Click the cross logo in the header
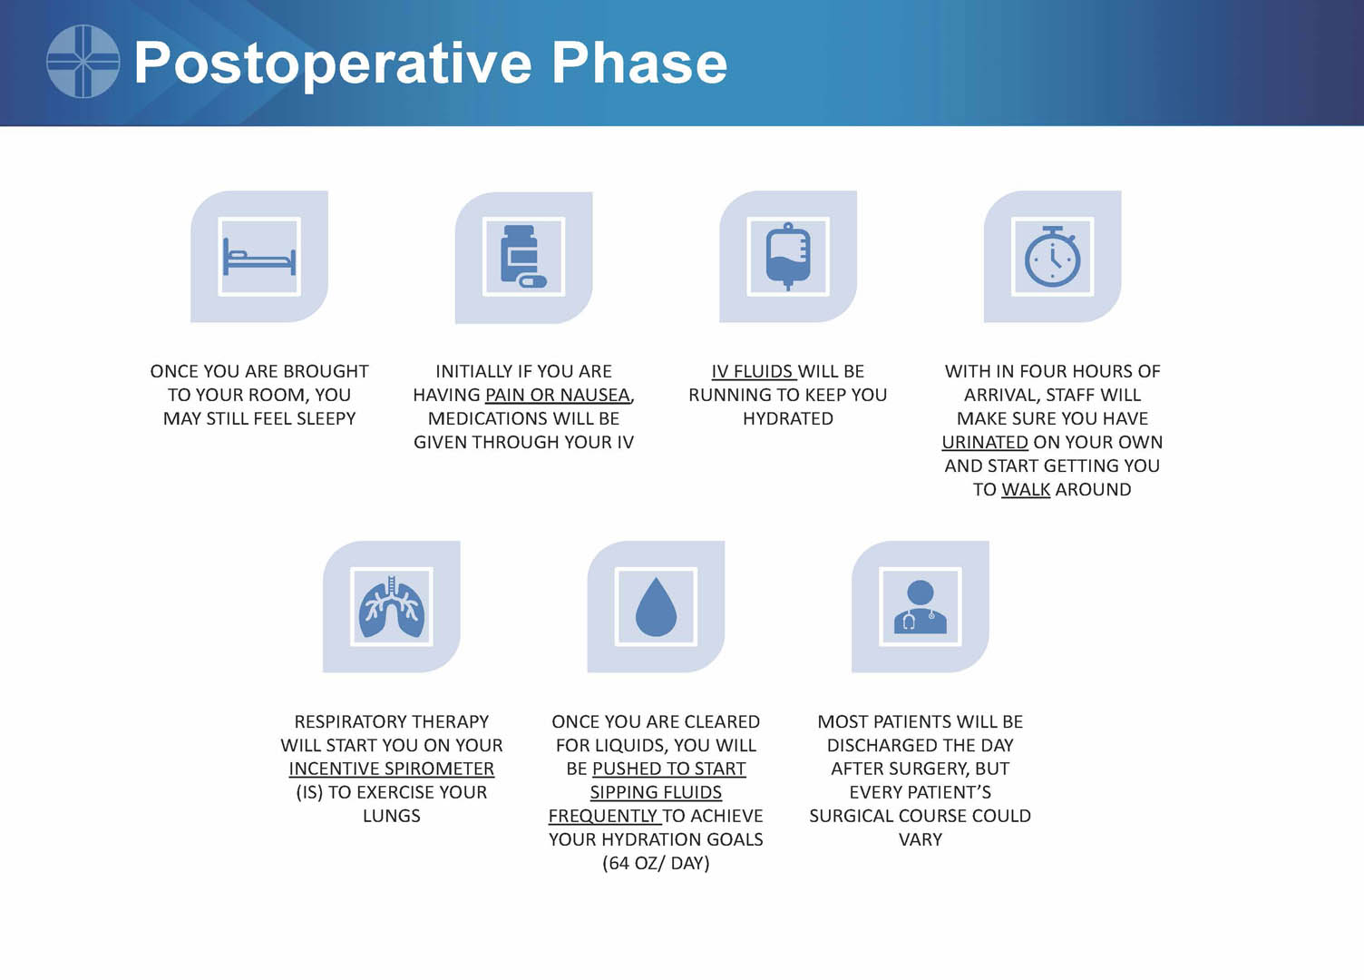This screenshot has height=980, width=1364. (83, 61)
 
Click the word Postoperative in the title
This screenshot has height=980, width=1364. (333, 64)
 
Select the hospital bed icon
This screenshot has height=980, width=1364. (259, 257)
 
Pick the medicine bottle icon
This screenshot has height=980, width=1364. (523, 257)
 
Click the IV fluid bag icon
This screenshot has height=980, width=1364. (788, 257)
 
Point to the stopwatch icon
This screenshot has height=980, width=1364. (1052, 257)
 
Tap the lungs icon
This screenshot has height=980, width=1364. (392, 607)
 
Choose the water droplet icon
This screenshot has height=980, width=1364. (656, 607)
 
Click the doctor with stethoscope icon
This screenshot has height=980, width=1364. (921, 607)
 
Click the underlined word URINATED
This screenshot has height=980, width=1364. (985, 442)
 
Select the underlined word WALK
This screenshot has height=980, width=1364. (1026, 490)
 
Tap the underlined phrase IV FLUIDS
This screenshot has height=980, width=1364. (752, 371)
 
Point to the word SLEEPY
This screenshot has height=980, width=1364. (326, 419)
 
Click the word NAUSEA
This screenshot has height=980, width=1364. (595, 396)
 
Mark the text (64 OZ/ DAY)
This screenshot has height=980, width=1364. (656, 864)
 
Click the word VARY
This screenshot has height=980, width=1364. (921, 840)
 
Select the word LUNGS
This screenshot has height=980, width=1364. (392, 816)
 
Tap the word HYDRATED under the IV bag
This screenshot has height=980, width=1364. (788, 419)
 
